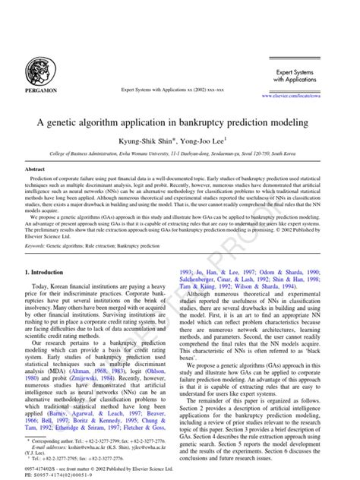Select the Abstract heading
(x=36, y=169)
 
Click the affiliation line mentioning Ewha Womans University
(x=179, y=153)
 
